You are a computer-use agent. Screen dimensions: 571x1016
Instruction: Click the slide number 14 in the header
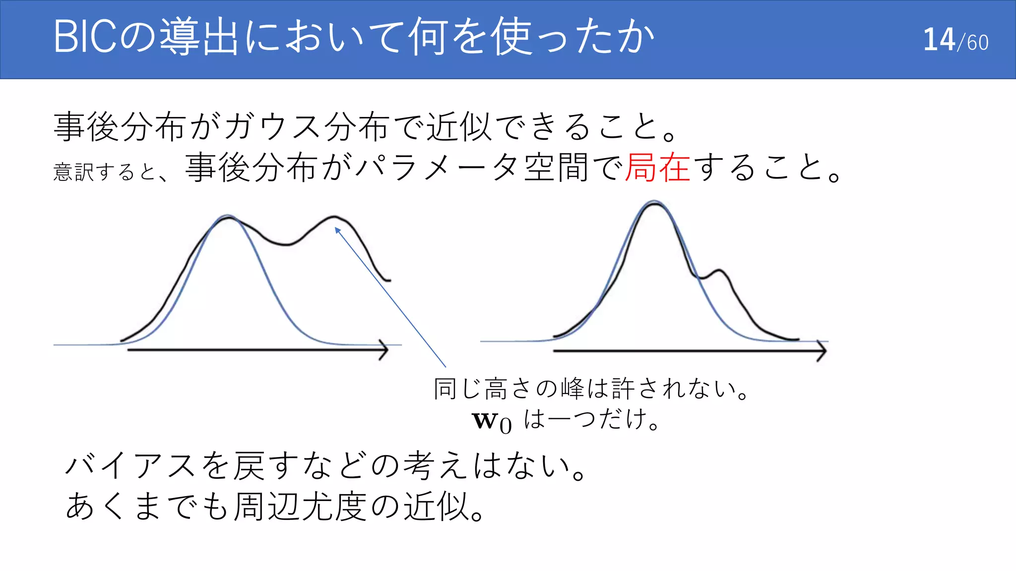click(939, 40)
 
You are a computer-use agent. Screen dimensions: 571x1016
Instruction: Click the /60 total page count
click(973, 43)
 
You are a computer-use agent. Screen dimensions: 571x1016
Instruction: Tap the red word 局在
click(657, 168)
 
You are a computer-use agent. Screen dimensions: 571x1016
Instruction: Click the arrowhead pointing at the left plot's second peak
click(338, 230)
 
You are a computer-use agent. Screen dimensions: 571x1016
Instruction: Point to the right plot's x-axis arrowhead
click(822, 351)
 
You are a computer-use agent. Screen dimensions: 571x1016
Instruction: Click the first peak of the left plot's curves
click(228, 217)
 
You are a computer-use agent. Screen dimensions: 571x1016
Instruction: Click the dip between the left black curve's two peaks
click(285, 244)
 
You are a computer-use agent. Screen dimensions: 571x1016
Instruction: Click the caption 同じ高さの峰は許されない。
click(590, 389)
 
